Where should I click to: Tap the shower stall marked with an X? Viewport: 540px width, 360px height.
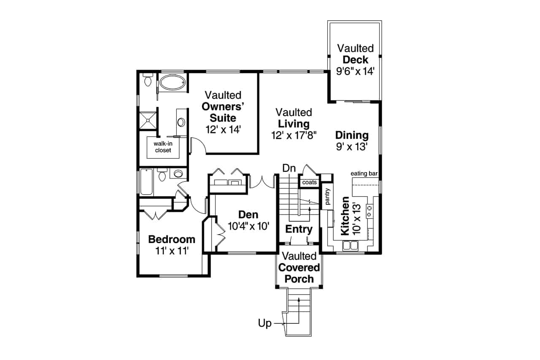[147, 119]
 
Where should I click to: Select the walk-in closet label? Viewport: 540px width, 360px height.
[162, 147]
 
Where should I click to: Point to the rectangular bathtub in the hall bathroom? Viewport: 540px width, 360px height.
[146, 182]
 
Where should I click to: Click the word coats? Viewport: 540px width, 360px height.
[309, 182]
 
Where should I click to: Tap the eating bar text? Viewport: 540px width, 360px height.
[364, 173]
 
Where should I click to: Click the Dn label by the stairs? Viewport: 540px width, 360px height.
[289, 168]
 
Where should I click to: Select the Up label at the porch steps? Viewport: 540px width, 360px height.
[265, 324]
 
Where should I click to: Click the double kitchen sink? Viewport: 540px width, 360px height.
[351, 245]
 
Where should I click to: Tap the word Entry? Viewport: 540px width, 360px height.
[299, 230]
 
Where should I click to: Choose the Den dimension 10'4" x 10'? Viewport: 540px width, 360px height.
[248, 226]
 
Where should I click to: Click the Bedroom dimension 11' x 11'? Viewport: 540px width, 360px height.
[171, 251]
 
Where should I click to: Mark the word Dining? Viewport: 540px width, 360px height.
[352, 135]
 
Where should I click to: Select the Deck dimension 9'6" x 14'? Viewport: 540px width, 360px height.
[355, 71]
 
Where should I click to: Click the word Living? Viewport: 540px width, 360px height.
[294, 124]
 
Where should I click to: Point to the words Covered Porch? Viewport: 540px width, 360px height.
[299, 273]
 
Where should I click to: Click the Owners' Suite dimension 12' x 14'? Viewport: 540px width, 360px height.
[223, 129]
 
